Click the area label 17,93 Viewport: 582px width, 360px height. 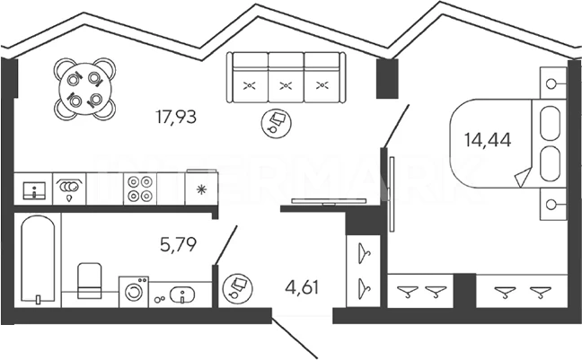pyautogui.click(x=175, y=116)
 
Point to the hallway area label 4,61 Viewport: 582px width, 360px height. pyautogui.click(x=302, y=289)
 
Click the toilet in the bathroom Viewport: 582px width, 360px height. pyautogui.click(x=89, y=280)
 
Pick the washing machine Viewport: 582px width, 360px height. pyautogui.click(x=135, y=291)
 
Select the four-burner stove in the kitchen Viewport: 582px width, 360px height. pyautogui.click(x=139, y=189)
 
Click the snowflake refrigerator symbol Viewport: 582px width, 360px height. pyautogui.click(x=200, y=189)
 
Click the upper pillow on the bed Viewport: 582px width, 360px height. pyautogui.click(x=549, y=125)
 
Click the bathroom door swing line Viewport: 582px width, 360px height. pyautogui.click(x=225, y=244)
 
